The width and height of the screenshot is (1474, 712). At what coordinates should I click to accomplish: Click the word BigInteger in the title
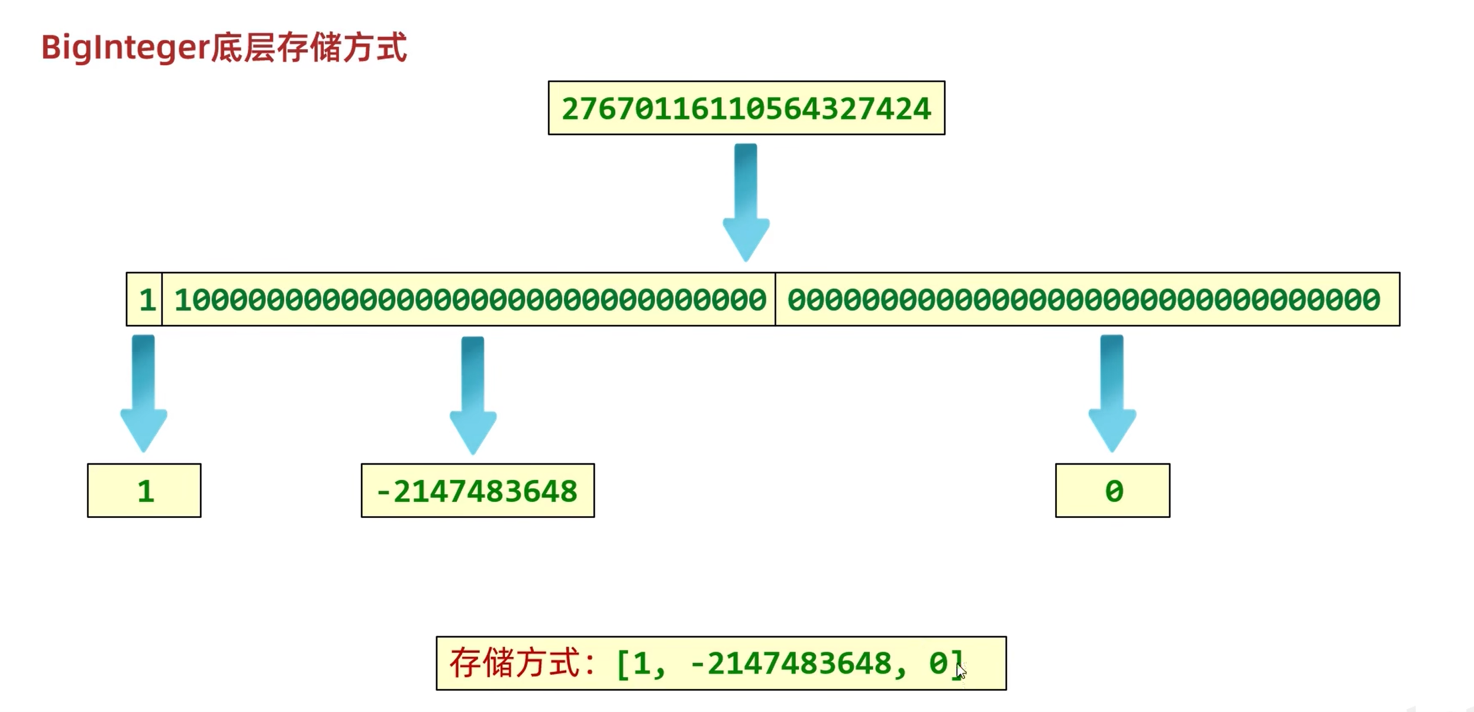(x=125, y=48)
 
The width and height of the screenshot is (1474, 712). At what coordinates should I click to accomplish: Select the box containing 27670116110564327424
(x=746, y=108)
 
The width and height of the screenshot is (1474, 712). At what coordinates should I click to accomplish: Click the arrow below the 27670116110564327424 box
(x=746, y=201)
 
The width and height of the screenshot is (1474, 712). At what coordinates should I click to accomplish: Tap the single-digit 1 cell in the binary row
(x=146, y=299)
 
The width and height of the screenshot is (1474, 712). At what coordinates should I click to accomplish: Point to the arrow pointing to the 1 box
(x=143, y=393)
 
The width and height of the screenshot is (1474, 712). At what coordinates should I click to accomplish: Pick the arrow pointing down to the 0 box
(x=1112, y=393)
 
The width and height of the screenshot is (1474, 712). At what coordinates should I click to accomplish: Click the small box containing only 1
(x=144, y=491)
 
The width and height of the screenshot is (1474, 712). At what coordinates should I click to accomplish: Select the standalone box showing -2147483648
(x=478, y=491)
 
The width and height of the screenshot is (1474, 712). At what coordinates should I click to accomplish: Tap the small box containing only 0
(x=1112, y=491)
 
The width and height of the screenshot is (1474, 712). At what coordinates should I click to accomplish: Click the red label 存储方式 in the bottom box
(x=515, y=663)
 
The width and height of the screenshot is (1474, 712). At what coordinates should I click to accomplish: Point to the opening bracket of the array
(x=622, y=663)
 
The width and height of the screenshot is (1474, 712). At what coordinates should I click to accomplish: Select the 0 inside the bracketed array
(x=938, y=663)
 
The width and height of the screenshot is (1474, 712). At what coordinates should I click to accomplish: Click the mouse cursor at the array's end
(x=961, y=671)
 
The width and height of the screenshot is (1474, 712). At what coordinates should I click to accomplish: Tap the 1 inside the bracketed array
(x=641, y=663)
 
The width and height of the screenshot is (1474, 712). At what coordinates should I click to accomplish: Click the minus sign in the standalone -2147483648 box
(x=382, y=491)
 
